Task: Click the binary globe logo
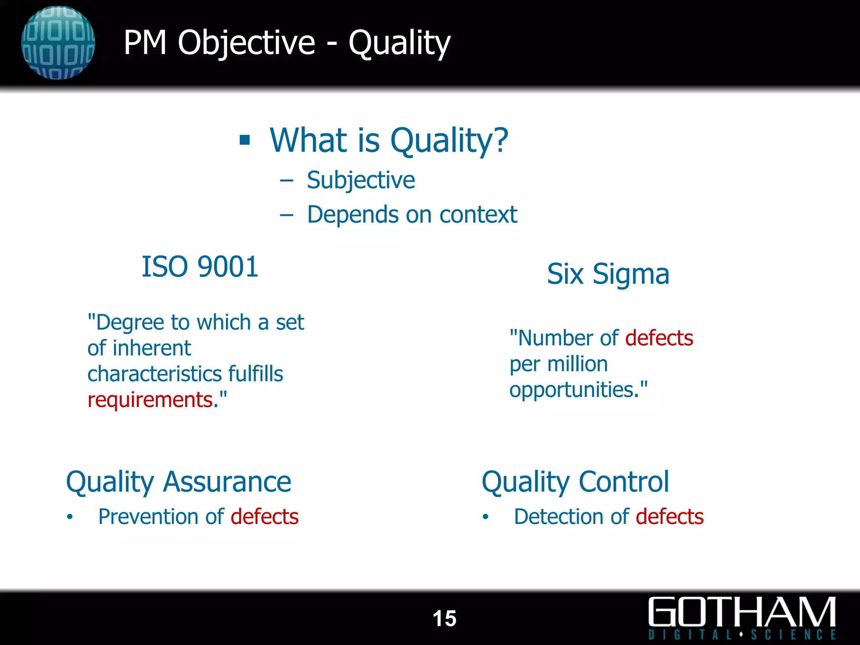[x=58, y=43]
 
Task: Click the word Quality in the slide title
[x=399, y=43]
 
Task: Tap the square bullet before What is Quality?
[x=244, y=140]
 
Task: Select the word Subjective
[x=361, y=180]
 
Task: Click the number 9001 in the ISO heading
[x=228, y=267]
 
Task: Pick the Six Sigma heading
[x=608, y=274]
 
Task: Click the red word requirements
[x=150, y=399]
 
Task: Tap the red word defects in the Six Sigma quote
[x=659, y=338]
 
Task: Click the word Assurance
[x=227, y=482]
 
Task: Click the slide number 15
[x=444, y=619]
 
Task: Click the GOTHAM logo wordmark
[x=742, y=612]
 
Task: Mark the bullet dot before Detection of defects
[x=485, y=517]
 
